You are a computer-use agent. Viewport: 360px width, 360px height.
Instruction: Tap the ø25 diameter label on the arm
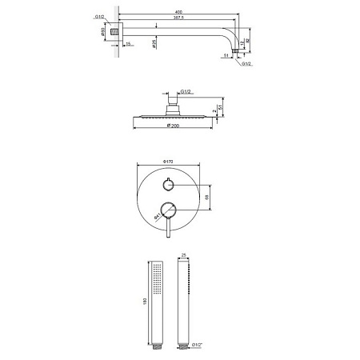(154, 42)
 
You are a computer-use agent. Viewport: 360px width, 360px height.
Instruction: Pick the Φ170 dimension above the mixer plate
(169, 162)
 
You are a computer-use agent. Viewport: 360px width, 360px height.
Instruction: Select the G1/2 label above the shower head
(186, 92)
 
